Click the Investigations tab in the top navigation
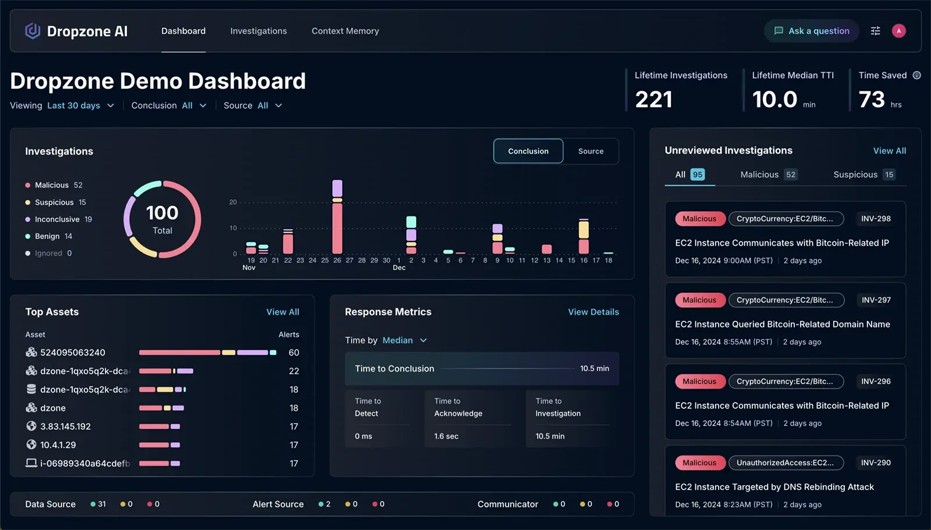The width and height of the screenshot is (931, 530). [258, 31]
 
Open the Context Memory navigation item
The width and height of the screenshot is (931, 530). [345, 31]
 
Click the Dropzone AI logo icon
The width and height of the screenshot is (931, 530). [33, 31]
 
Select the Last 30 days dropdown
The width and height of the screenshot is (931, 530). [80, 105]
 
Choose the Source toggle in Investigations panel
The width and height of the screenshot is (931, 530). [591, 151]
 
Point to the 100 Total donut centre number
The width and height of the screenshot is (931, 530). [162, 213]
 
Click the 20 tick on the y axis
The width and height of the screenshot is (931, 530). [233, 202]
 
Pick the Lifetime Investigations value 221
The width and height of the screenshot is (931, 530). [653, 99]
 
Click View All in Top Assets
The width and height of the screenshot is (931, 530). [283, 312]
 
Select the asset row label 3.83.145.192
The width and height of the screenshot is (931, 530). [65, 426]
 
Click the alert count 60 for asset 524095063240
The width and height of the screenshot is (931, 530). [294, 353]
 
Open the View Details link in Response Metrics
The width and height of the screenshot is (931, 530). [594, 312]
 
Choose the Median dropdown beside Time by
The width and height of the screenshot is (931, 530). [404, 340]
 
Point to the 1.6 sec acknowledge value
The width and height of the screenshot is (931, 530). [446, 436]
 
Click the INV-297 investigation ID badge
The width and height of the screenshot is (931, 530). [876, 300]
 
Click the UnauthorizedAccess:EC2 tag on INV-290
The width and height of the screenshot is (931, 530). [786, 463]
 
